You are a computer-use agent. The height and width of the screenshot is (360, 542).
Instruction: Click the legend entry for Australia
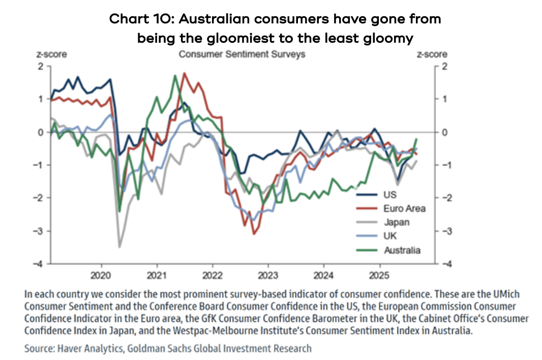pyautogui.click(x=402, y=250)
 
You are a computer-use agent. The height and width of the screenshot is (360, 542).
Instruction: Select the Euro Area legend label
pyautogui.click(x=405, y=208)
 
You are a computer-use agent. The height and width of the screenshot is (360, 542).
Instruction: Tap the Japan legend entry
pyautogui.click(x=397, y=222)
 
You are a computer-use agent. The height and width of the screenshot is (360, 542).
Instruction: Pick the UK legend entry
pyautogui.click(x=391, y=236)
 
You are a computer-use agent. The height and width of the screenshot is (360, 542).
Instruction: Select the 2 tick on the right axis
pyautogui.click(x=444, y=66)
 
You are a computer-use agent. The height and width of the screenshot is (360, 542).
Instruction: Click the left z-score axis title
pyautogui.click(x=50, y=54)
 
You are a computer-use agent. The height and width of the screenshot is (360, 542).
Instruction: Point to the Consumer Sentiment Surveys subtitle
pyautogui.click(x=242, y=54)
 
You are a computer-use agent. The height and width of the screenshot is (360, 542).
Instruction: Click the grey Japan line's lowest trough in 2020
pyautogui.click(x=119, y=247)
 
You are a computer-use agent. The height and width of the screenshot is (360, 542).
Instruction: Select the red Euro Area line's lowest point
pyautogui.click(x=254, y=234)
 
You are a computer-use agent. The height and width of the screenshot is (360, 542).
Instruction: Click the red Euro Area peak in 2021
pyautogui.click(x=184, y=73)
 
